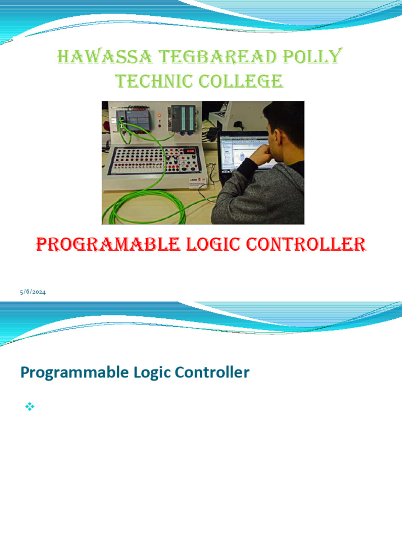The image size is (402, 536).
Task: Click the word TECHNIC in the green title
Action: [152, 81]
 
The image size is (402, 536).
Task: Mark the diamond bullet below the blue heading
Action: [29, 406]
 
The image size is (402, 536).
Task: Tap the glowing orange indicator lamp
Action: [159, 115]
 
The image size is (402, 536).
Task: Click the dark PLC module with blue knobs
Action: [182, 120]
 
